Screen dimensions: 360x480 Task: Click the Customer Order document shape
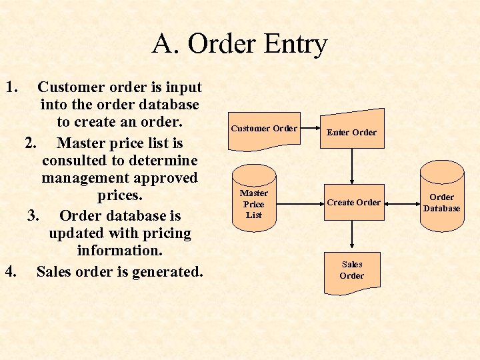click(x=263, y=128)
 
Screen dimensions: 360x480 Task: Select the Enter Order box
click(x=351, y=132)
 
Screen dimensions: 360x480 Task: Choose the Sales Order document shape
click(x=351, y=271)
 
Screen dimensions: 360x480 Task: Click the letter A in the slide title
click(x=163, y=45)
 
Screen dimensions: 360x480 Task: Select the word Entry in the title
click(x=295, y=45)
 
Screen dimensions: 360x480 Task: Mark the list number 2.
click(x=31, y=143)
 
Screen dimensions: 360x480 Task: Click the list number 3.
click(x=34, y=215)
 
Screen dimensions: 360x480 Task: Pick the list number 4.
click(x=10, y=271)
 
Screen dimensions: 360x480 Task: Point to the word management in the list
click(x=119, y=178)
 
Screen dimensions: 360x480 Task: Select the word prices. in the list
click(x=119, y=197)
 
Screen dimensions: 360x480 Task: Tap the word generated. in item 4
click(x=167, y=271)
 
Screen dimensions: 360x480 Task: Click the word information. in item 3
click(x=119, y=251)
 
